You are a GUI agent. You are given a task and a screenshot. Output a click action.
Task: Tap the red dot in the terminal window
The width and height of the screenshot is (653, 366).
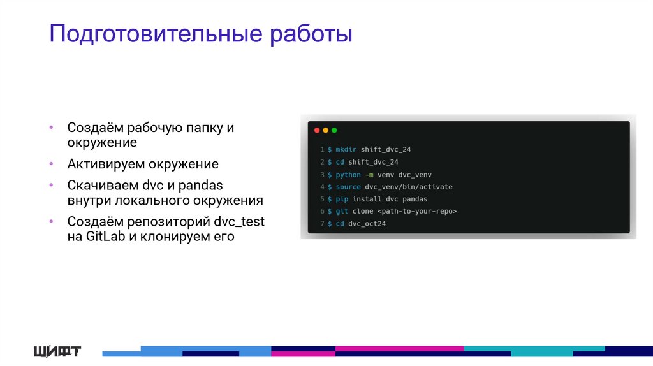(317, 130)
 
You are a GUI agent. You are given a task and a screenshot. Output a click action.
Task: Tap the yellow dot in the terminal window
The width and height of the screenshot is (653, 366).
(325, 130)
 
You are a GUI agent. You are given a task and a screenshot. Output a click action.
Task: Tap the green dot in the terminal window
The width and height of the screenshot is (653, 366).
(334, 130)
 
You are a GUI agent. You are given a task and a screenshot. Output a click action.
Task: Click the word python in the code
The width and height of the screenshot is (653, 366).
(348, 174)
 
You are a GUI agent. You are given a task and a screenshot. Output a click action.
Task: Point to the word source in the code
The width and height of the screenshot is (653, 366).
(348, 187)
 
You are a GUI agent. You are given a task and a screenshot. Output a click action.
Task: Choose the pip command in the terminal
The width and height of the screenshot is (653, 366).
(341, 199)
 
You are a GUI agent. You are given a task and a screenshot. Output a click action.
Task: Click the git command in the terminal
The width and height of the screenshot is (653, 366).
(341, 211)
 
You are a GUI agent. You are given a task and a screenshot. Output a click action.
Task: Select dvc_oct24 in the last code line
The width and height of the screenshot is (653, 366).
(367, 224)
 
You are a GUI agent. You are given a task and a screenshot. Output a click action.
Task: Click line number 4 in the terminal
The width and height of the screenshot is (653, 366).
(323, 187)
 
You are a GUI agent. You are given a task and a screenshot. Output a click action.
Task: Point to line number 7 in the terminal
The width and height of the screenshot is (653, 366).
(323, 224)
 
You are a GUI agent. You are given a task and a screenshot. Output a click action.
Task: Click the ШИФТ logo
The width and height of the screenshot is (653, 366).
(57, 350)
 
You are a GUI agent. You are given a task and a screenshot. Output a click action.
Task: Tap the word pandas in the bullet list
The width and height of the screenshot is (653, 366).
(201, 185)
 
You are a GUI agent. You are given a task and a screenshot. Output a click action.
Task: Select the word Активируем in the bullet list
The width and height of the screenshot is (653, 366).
(106, 164)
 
